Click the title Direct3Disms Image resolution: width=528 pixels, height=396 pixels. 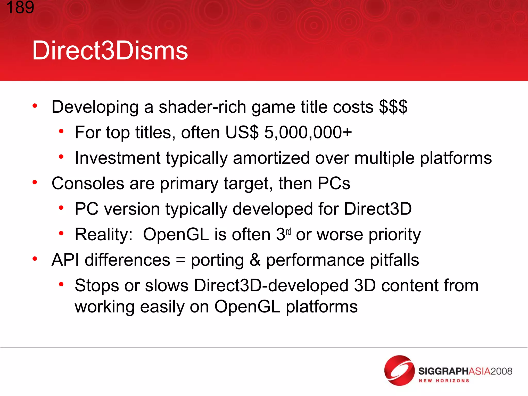click(x=110, y=51)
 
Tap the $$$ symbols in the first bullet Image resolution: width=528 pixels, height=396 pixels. click(x=393, y=107)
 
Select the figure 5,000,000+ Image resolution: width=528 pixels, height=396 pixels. click(x=308, y=133)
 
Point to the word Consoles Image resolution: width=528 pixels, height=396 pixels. click(x=88, y=183)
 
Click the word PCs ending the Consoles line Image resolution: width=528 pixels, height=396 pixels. click(x=334, y=183)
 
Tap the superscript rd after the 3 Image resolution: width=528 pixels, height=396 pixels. click(x=288, y=231)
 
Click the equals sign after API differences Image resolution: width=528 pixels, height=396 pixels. click(x=180, y=260)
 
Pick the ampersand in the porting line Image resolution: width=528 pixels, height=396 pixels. click(x=255, y=260)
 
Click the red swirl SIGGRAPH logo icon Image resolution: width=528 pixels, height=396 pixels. click(x=399, y=370)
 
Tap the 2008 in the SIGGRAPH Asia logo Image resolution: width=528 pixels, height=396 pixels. click(x=501, y=371)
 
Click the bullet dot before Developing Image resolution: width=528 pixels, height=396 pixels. click(x=35, y=106)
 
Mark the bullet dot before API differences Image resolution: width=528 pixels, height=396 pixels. click(x=35, y=259)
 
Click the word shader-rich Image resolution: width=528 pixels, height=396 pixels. click(x=202, y=107)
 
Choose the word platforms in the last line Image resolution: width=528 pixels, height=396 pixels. click(x=322, y=307)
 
